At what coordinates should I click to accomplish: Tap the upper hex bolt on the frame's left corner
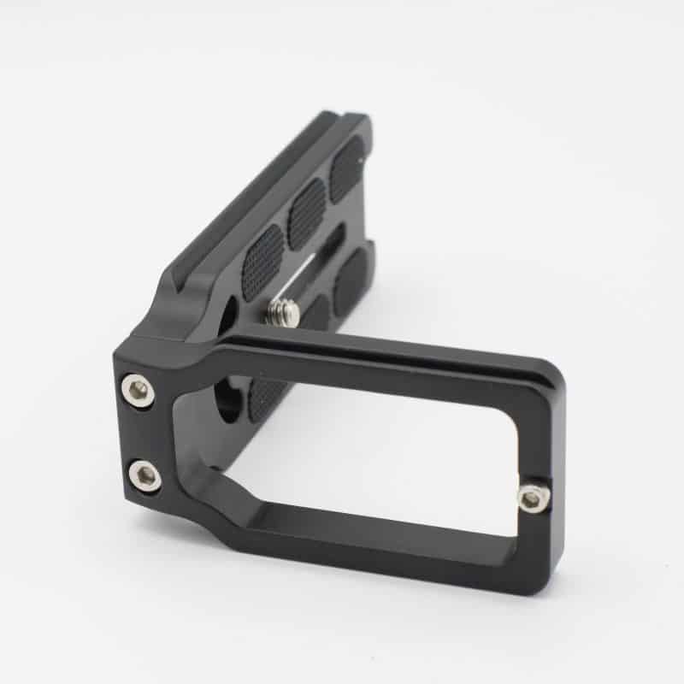[139, 390]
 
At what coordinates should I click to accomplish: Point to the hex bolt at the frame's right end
[532, 498]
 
